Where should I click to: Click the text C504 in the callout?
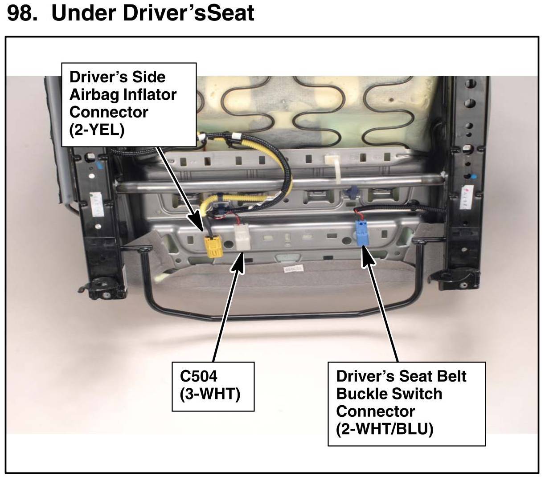point(198,376)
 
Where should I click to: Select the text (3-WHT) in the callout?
point(210,394)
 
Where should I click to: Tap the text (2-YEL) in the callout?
point(96,130)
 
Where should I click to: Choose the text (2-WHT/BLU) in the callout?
point(385,429)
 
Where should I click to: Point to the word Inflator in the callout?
point(151,95)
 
